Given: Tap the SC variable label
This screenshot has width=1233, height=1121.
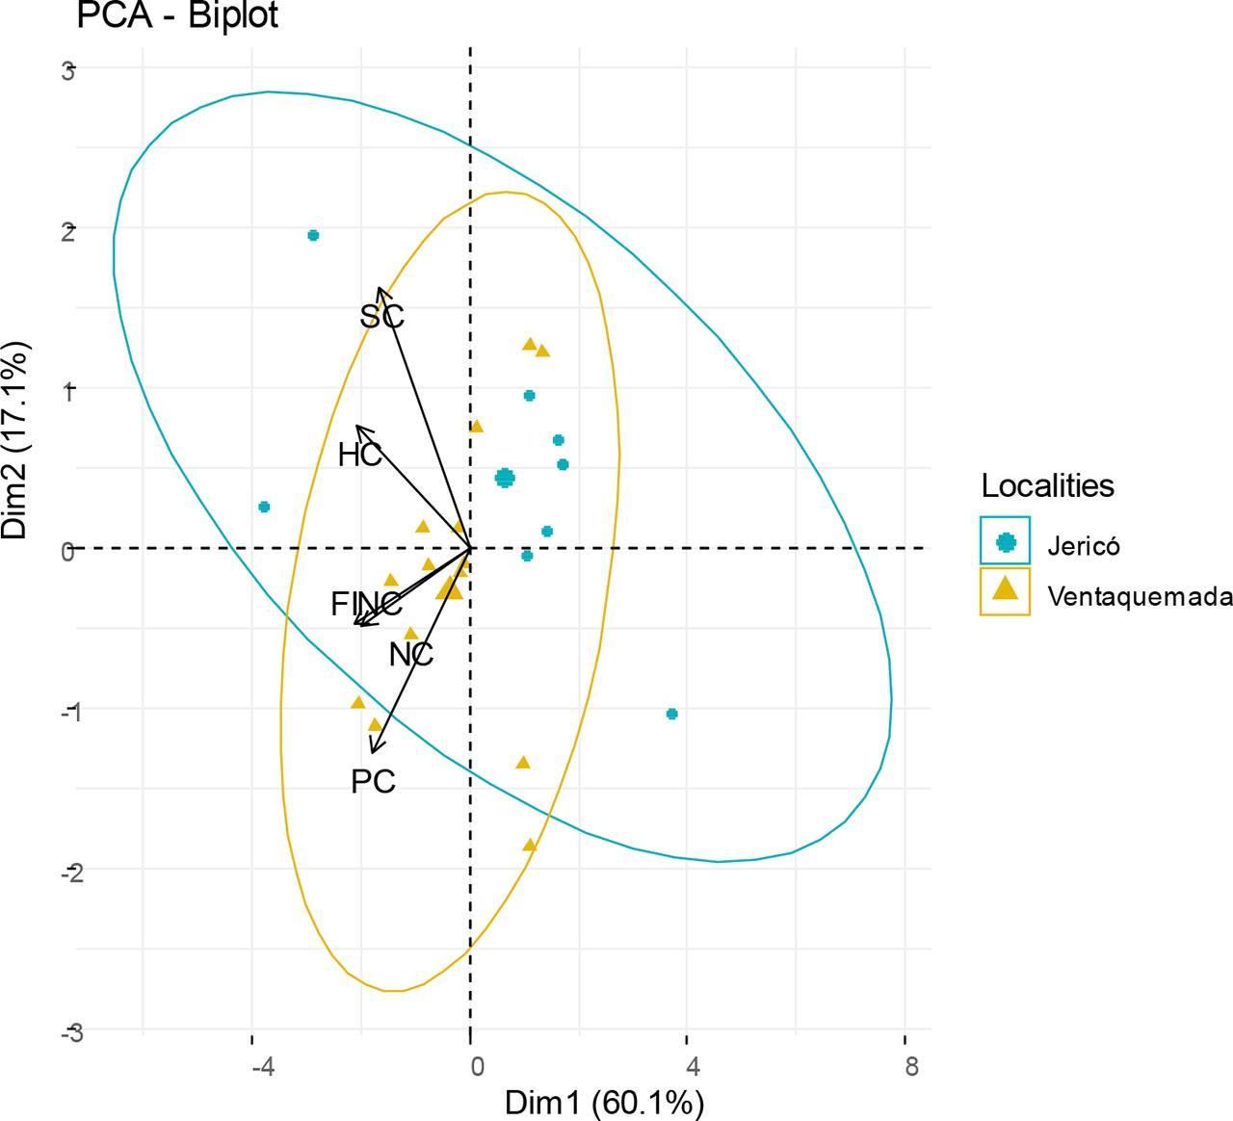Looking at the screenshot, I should pos(382,316).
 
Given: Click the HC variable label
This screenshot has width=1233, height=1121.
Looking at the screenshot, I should pos(360,456).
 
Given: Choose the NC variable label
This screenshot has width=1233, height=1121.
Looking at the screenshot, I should pos(411,655).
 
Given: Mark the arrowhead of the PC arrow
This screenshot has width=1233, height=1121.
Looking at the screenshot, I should pos(373,750).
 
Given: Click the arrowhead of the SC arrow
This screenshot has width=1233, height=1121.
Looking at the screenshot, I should pos(380,290).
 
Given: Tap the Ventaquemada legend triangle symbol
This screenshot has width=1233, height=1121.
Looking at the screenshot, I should pos(1006,589).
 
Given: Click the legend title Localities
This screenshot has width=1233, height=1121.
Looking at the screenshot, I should pos(1047,485).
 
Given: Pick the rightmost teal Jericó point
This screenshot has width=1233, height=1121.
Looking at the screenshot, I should pos(671,714).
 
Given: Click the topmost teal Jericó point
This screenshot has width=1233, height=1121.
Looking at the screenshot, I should pos(313,235).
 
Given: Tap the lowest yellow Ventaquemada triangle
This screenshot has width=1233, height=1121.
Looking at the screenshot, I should pos(529,845).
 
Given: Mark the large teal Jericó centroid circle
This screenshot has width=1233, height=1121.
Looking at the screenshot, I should pos(505,478).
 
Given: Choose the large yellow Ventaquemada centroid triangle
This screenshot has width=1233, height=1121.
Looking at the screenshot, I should pos(450,588).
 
